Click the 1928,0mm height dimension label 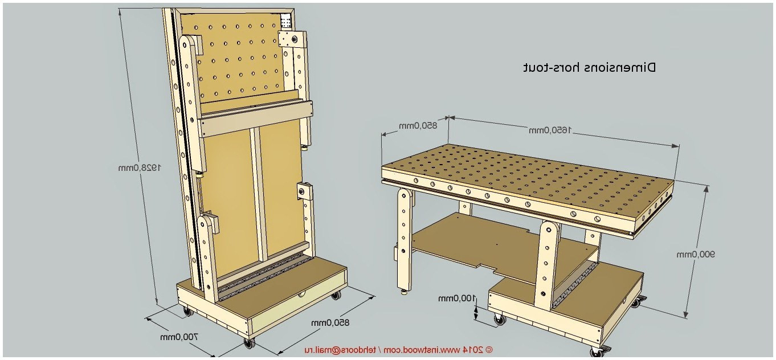pos(140,167)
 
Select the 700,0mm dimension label pos(178,337)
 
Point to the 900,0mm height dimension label pos(695,254)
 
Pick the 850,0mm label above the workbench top pos(418,125)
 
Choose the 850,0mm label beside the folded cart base pos(330,323)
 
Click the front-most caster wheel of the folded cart pos(248,343)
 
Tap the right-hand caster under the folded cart pos(335,295)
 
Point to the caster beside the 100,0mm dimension pos(500,320)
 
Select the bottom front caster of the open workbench pos(597,353)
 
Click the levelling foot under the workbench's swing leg pos(405,293)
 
